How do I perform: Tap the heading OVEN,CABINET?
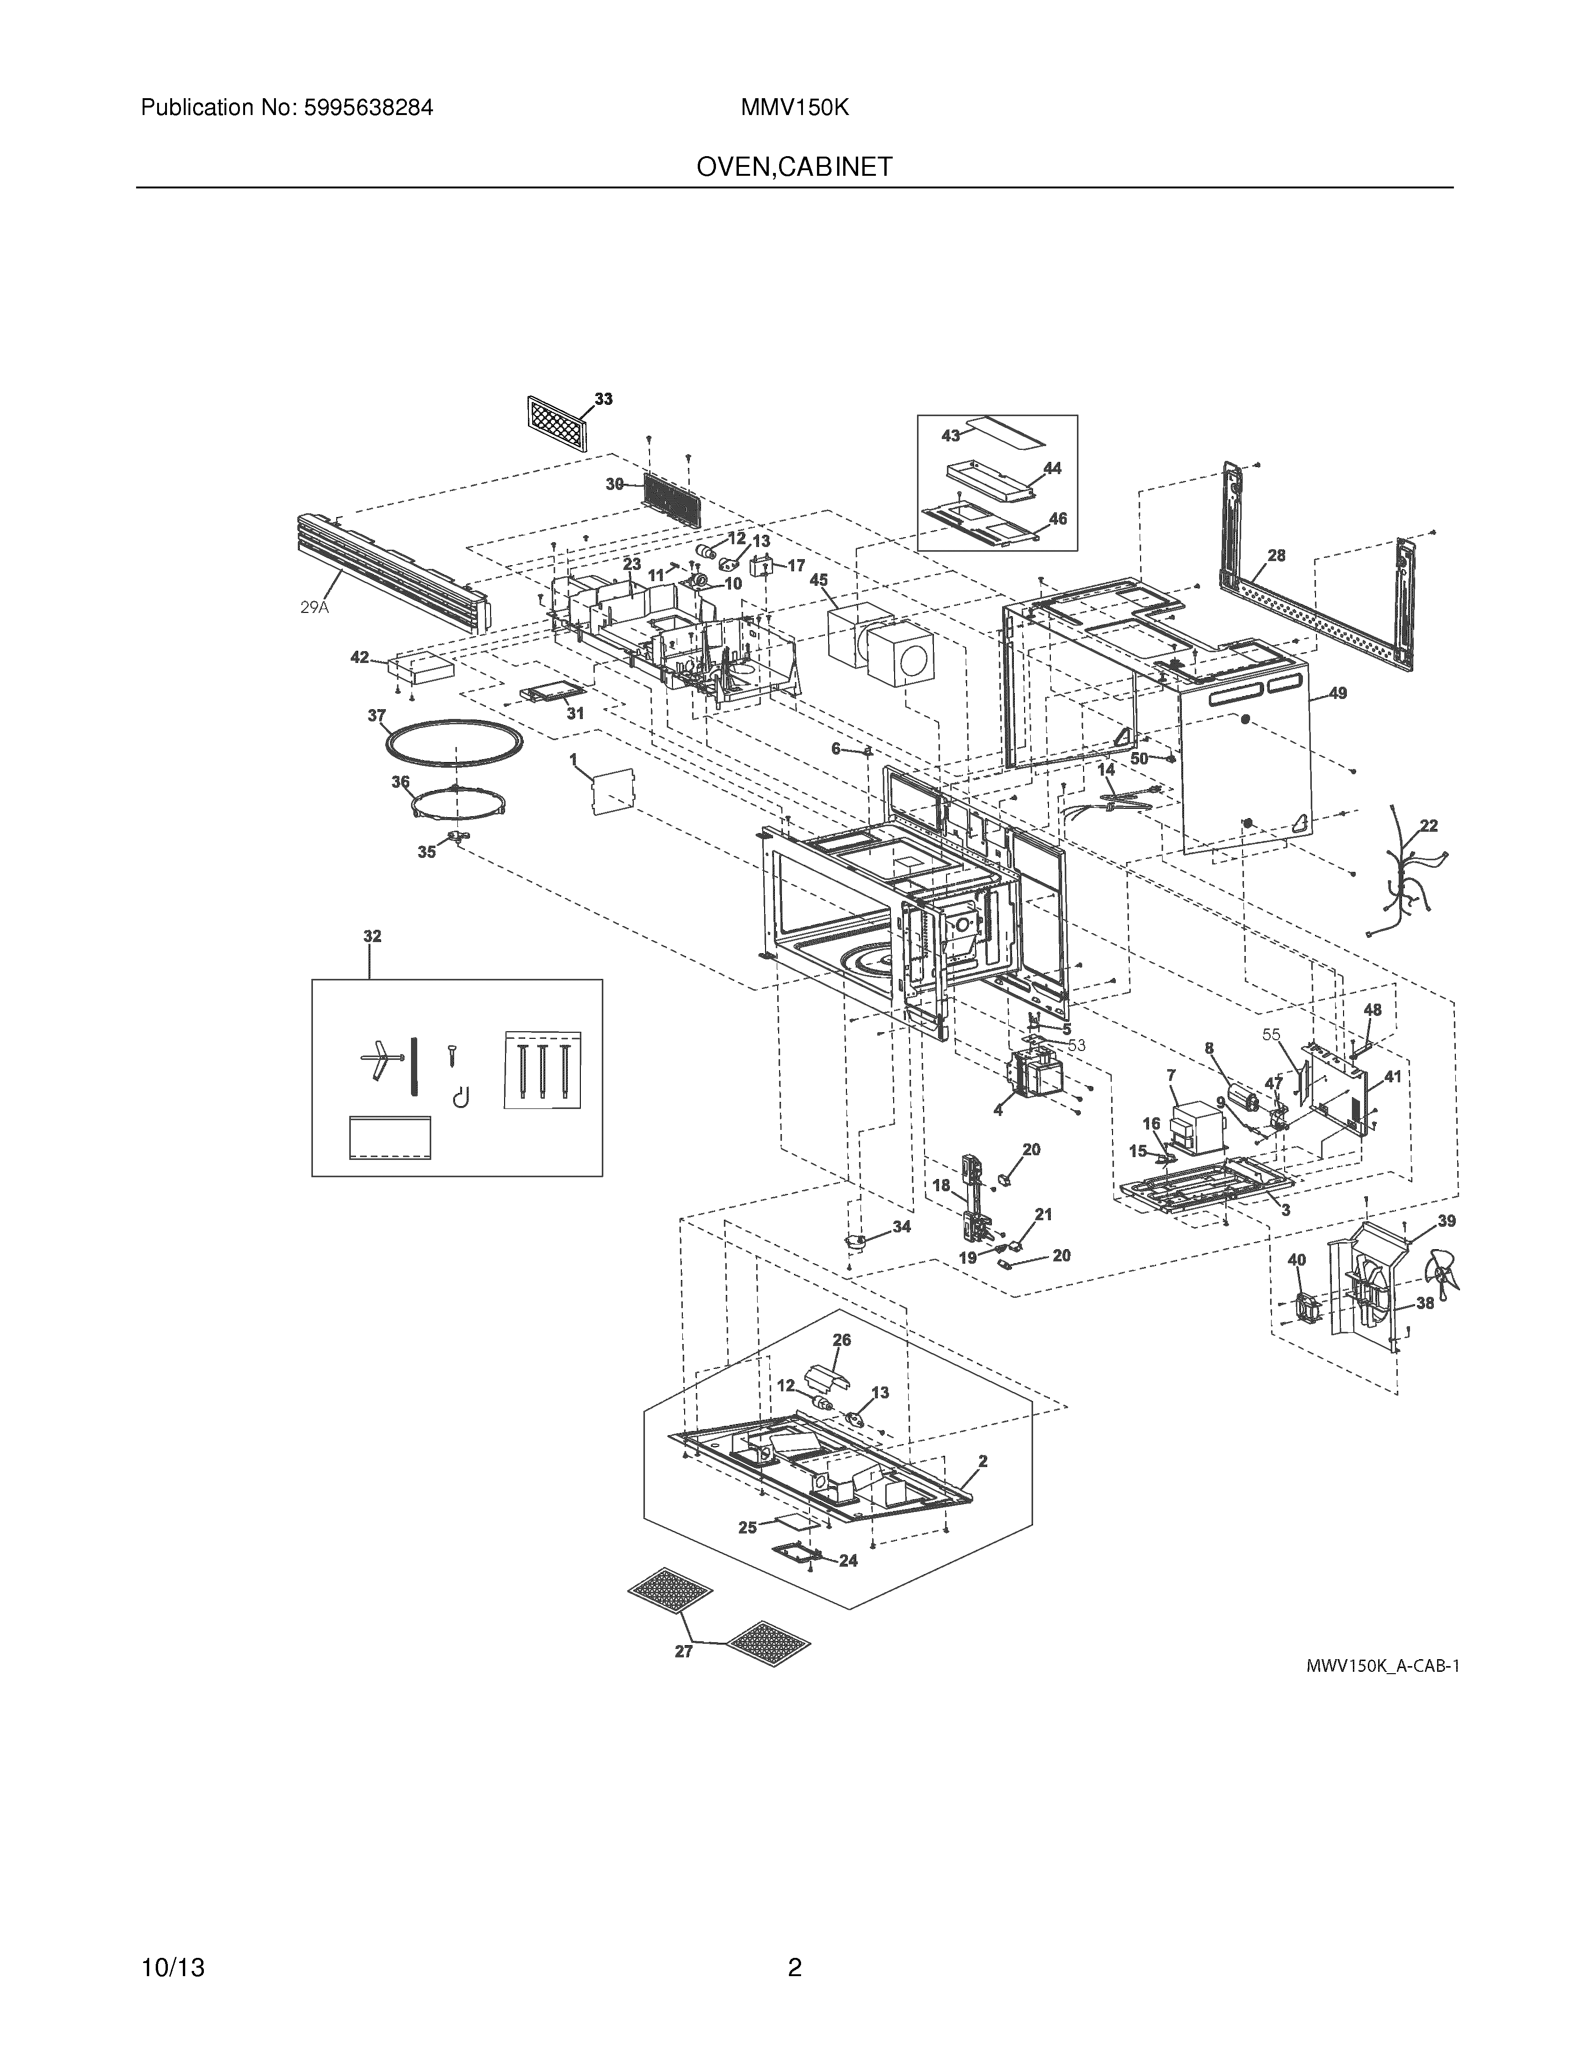[794, 168]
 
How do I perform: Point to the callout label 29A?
[315, 607]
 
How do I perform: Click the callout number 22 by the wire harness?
[1429, 826]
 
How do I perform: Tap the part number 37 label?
[377, 716]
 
